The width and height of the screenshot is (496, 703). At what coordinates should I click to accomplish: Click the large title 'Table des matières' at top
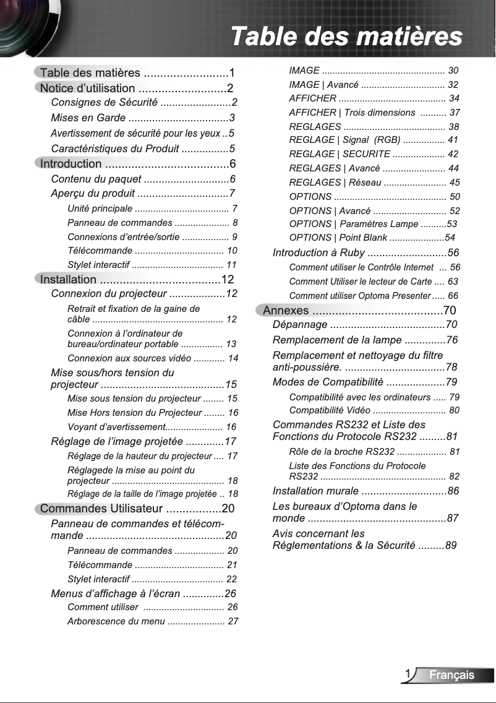click(x=346, y=36)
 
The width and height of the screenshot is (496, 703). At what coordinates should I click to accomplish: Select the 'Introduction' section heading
click(x=71, y=164)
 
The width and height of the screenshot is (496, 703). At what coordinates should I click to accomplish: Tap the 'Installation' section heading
click(x=69, y=279)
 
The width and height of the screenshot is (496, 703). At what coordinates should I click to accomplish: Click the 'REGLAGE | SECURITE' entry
click(x=340, y=154)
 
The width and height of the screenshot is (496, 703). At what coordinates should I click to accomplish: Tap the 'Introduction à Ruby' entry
click(x=319, y=252)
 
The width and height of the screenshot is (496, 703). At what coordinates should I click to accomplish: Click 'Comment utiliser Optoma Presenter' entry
click(x=359, y=296)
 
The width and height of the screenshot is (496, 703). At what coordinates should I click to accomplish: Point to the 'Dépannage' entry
click(x=300, y=325)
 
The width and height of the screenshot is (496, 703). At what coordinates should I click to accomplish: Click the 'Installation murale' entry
click(x=315, y=491)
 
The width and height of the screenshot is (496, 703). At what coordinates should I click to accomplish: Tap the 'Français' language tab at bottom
click(x=452, y=675)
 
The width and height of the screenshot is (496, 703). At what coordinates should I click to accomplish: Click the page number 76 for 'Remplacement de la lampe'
click(x=451, y=340)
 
